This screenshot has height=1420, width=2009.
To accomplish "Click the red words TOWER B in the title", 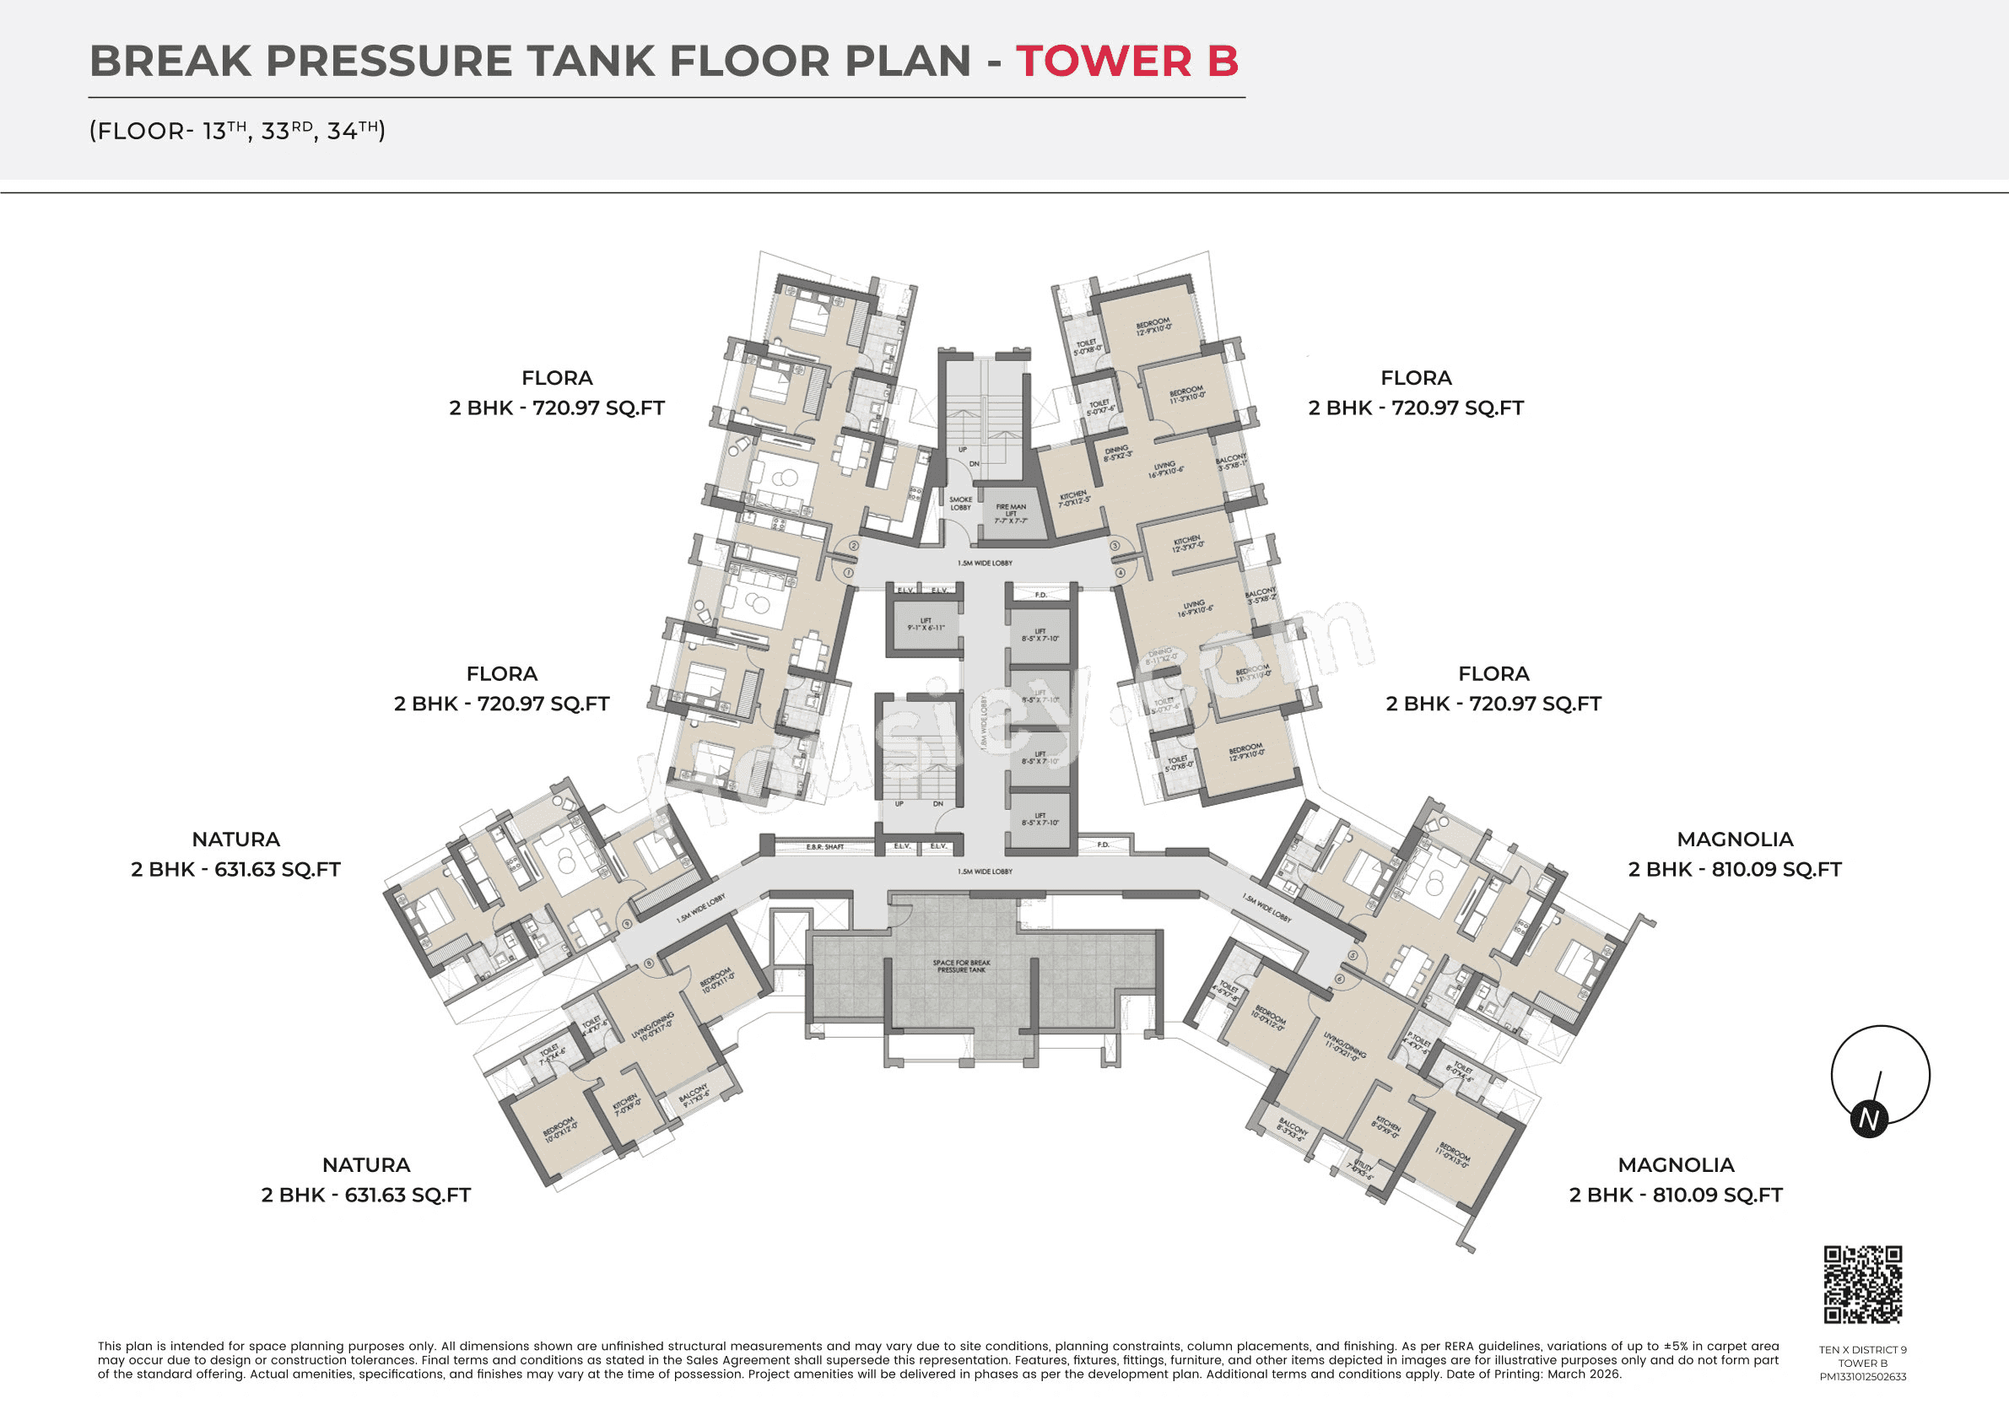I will click(x=1126, y=62).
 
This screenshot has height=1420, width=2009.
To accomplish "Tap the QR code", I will click(x=1863, y=1284).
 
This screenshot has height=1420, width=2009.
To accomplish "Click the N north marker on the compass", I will click(x=1869, y=1120).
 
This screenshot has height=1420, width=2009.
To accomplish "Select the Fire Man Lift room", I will click(x=1011, y=514).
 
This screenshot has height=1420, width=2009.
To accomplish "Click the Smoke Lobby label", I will click(x=960, y=503).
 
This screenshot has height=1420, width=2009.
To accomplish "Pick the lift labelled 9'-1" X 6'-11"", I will click(x=926, y=624).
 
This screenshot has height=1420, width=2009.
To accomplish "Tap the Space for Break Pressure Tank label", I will click(x=961, y=966).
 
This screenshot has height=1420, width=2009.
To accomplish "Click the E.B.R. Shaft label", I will click(x=824, y=847).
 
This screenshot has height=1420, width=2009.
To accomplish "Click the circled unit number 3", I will click(x=1115, y=546).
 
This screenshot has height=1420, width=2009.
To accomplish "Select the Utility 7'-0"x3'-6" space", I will click(x=1364, y=1169).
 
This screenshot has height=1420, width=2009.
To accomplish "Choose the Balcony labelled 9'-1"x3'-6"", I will click(x=694, y=1096).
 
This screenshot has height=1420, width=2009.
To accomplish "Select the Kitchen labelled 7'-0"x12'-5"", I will click(x=1072, y=499).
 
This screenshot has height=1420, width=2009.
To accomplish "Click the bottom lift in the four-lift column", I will click(x=1040, y=819).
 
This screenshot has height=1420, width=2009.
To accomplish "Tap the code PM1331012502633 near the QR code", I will click(x=1863, y=1376).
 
